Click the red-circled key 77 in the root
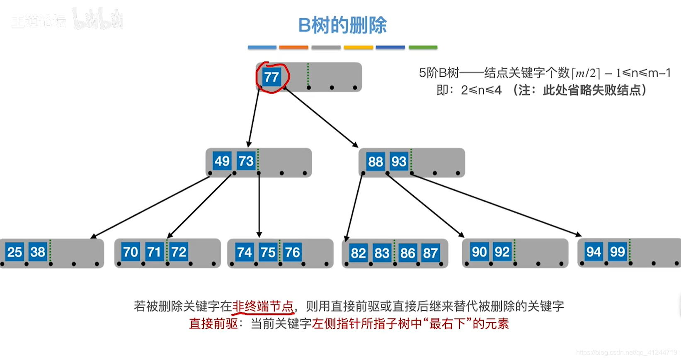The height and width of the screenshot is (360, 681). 271,77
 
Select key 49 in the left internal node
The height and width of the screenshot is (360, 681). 222,161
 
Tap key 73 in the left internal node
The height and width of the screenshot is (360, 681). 246,161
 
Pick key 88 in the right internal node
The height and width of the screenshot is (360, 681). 376,161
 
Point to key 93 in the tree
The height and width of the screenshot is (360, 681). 399,161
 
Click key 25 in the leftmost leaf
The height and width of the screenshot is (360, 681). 15,252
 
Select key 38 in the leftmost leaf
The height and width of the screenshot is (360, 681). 38,252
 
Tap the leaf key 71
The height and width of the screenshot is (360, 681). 154,252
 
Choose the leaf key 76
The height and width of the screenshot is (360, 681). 292,252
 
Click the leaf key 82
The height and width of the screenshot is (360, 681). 358,253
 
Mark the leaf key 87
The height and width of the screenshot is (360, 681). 430,253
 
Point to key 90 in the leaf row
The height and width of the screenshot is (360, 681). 479,252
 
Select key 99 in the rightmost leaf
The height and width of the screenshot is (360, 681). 617,252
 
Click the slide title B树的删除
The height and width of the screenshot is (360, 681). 342,25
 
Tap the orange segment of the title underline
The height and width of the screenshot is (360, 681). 293,48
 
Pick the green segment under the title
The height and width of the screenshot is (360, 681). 423,48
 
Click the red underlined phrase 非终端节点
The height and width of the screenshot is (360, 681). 263,306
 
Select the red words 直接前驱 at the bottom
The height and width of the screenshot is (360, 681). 213,324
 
